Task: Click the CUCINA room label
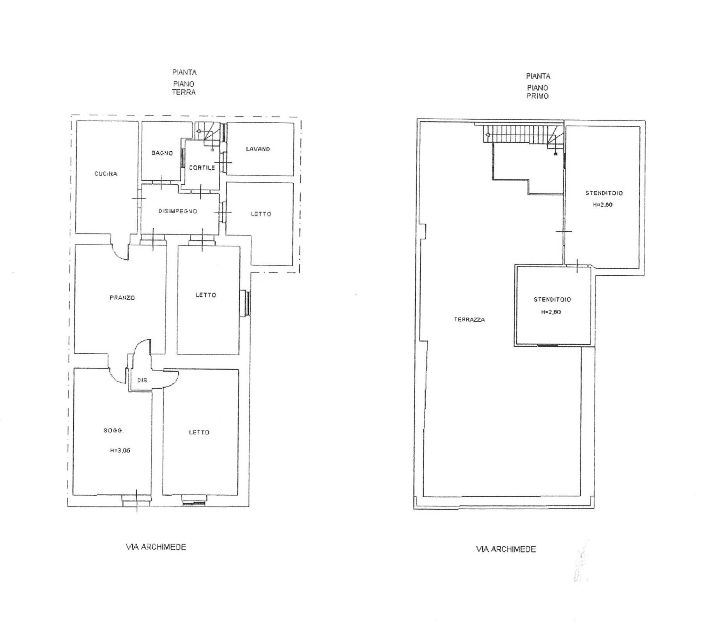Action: coord(106,174)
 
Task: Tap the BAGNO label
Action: coord(162,153)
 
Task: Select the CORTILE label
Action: coord(202,168)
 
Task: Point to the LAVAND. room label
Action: coord(258,149)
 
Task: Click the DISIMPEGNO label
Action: coord(178,211)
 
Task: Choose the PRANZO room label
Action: coord(122,298)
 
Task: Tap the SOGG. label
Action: coord(113,431)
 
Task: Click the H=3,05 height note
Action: coord(120,450)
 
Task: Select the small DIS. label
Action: coord(143,380)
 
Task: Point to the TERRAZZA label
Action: coord(469,320)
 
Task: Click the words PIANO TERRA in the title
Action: coord(184,88)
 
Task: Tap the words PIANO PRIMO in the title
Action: coord(538,92)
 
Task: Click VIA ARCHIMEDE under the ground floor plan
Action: coord(156,547)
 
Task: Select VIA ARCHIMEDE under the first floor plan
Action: coord(506,549)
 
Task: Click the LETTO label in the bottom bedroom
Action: coord(199,432)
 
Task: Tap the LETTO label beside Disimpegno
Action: coord(261,214)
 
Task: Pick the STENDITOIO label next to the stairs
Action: coord(604,193)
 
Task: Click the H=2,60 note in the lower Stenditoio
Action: coord(551,312)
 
